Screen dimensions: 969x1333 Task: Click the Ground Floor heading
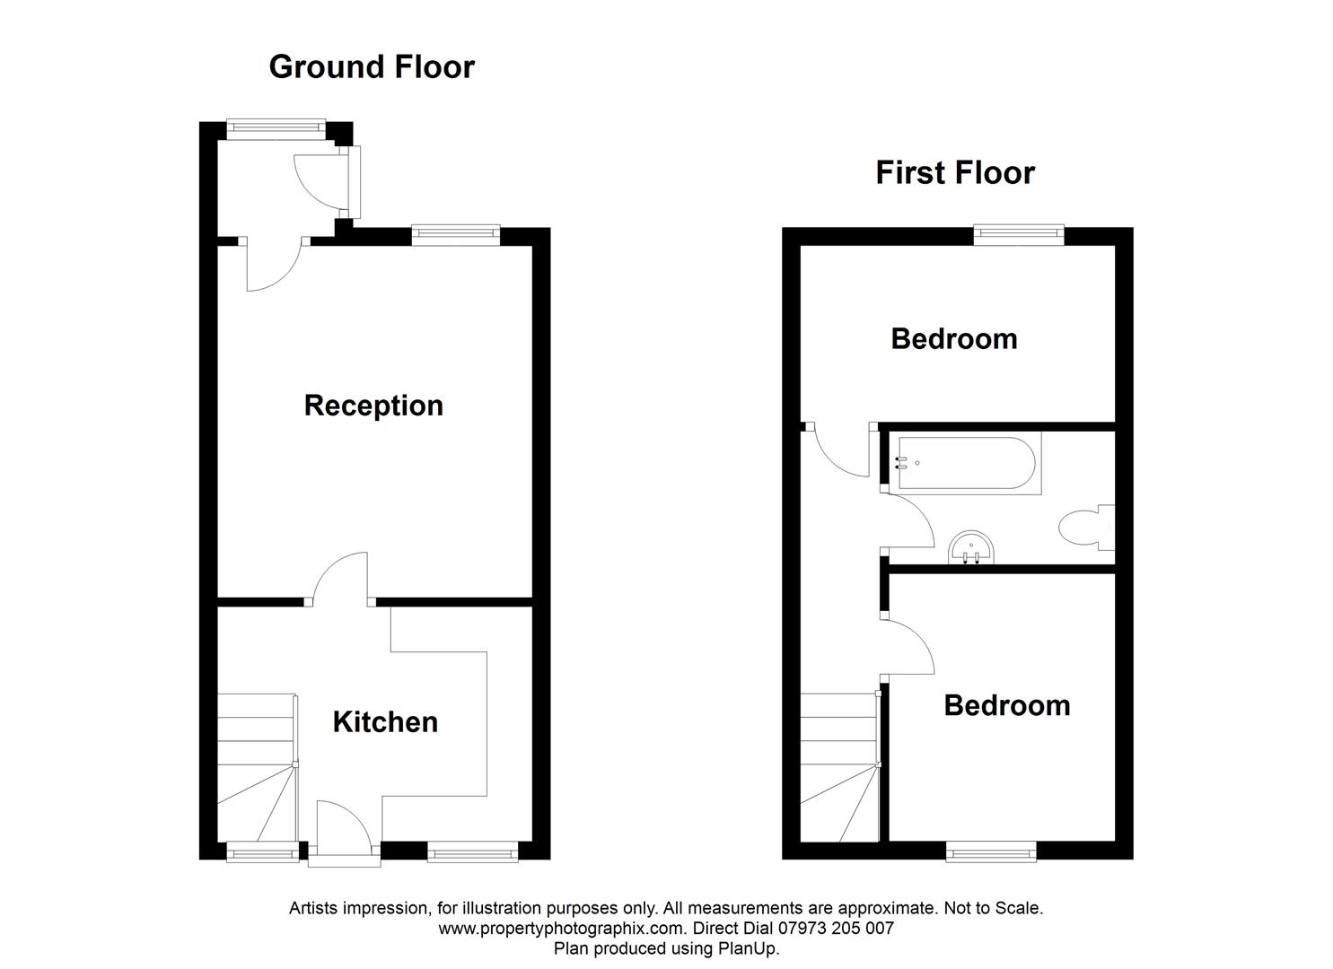click(x=372, y=67)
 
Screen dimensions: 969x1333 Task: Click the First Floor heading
click(x=955, y=172)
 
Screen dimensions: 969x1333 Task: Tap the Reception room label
click(x=373, y=406)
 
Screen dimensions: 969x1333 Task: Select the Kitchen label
click(x=385, y=722)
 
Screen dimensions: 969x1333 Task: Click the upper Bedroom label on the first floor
click(x=953, y=339)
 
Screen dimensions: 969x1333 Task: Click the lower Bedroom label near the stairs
click(x=1006, y=705)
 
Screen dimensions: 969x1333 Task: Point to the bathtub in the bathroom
click(x=966, y=464)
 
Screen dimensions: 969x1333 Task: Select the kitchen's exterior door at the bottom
click(x=345, y=830)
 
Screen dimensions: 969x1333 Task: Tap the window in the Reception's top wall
click(x=455, y=235)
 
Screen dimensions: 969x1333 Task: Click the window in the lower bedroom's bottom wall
click(x=991, y=851)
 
